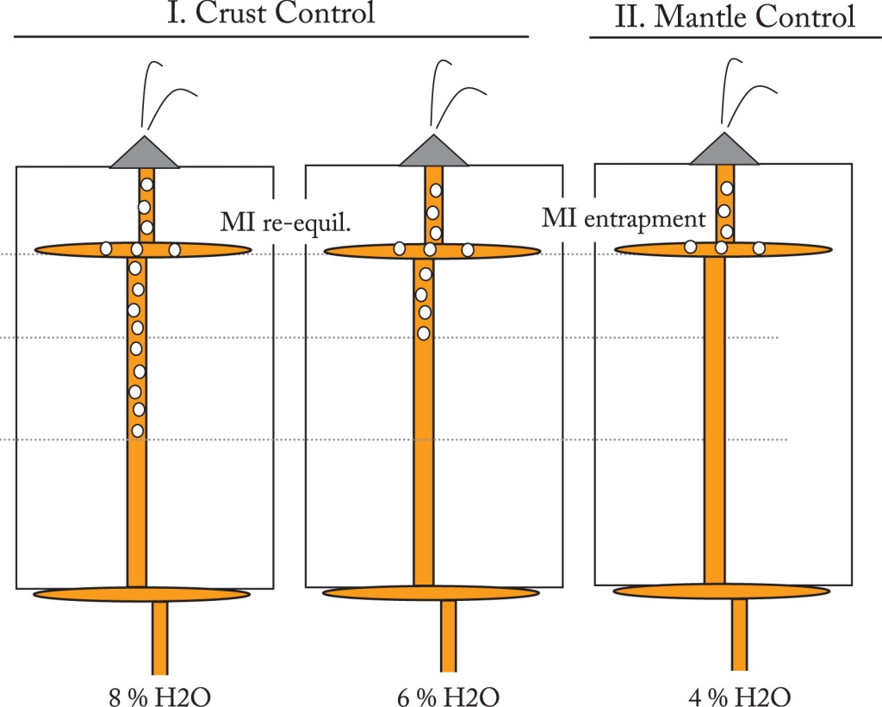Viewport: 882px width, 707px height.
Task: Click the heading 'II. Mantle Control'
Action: point(735,16)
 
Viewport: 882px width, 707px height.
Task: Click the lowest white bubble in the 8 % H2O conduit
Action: point(137,429)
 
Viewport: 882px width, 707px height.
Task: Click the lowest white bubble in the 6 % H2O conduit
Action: point(424,333)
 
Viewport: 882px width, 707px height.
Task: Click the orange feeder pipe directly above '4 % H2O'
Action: point(739,634)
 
